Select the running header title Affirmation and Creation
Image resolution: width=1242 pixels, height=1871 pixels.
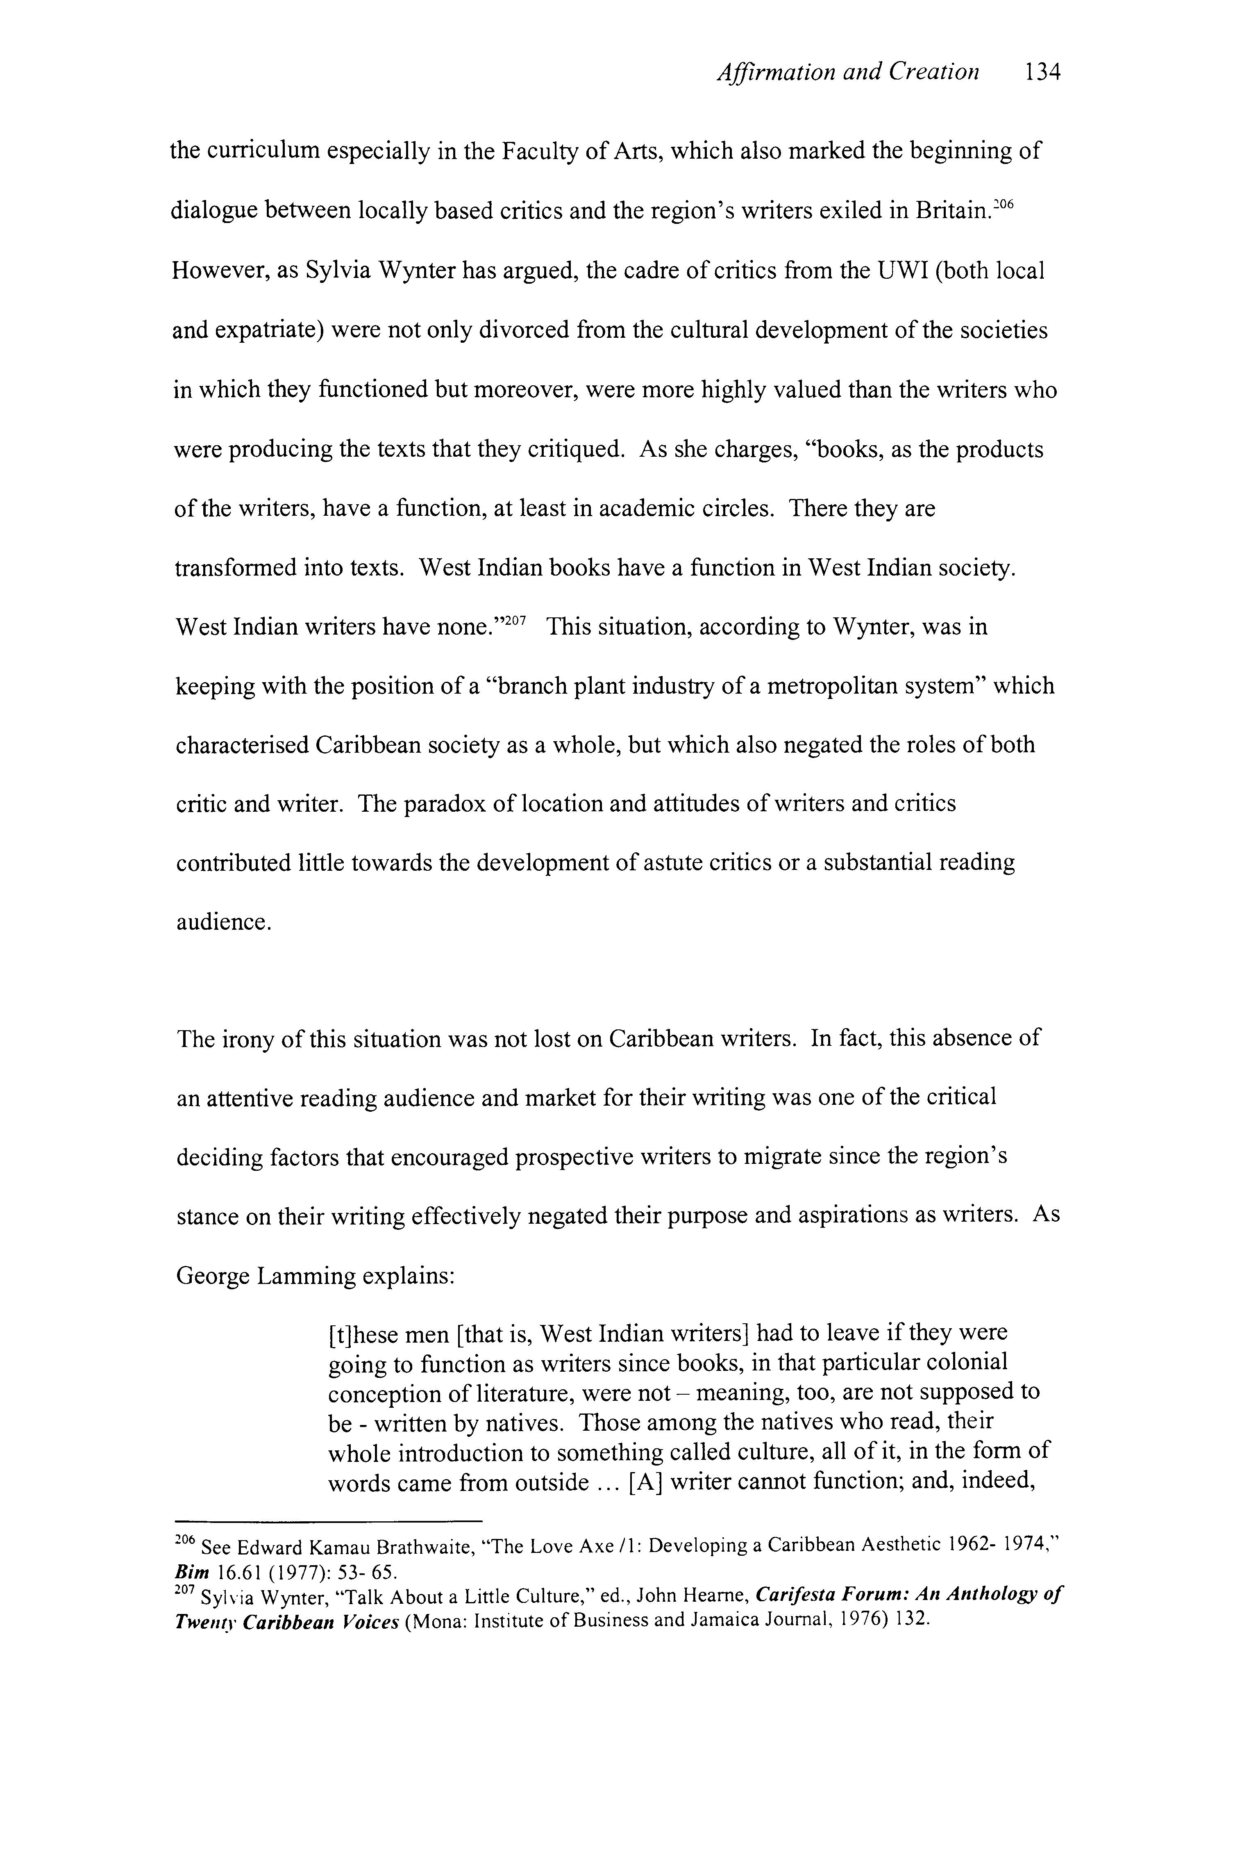click(847, 73)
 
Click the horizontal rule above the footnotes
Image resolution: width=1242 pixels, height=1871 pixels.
click(328, 1521)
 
